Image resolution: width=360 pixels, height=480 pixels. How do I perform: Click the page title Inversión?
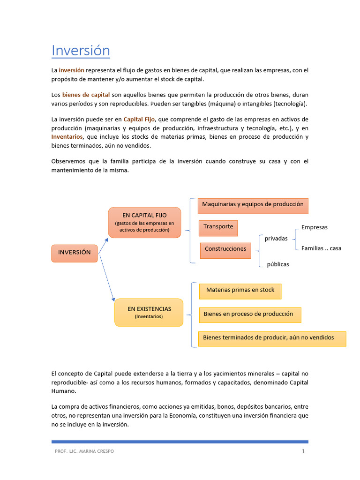tap(81, 50)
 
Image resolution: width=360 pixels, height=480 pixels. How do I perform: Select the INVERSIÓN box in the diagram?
tap(74, 253)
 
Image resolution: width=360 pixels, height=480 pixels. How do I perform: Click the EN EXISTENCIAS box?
tap(149, 312)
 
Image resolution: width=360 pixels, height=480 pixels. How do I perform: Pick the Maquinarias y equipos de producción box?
tap(253, 205)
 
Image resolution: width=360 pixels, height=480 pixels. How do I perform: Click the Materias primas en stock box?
tap(240, 291)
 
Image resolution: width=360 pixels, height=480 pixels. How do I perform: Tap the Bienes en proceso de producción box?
tap(249, 315)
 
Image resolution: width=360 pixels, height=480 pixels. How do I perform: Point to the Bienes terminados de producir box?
tap(272, 338)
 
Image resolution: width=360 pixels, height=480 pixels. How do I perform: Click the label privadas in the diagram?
tap(276, 239)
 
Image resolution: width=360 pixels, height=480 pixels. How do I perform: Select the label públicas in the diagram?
tap(278, 264)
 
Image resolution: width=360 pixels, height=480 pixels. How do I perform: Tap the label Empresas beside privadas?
tap(314, 227)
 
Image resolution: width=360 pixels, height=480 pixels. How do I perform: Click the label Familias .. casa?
tap(321, 248)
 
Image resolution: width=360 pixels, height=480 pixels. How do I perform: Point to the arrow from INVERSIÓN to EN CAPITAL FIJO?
tap(103, 245)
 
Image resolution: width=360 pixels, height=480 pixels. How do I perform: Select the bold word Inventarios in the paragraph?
tap(67, 137)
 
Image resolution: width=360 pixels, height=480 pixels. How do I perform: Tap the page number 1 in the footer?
tap(303, 451)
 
